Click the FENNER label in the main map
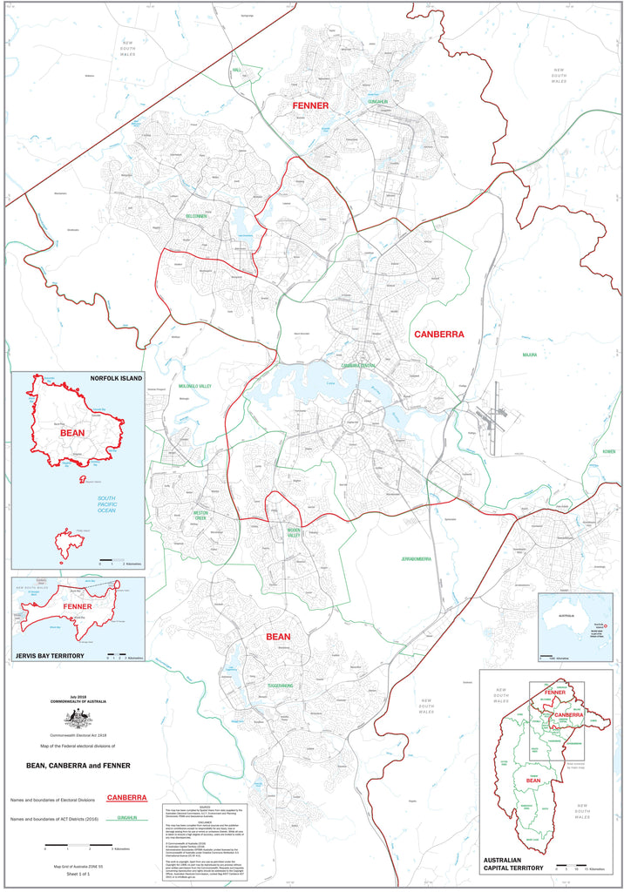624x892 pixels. point(309,105)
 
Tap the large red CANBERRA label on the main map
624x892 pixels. point(438,334)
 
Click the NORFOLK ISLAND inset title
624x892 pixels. point(115,379)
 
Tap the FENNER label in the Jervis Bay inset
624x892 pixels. point(78,606)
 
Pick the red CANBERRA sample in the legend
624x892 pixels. point(126,798)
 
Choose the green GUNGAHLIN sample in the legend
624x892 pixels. point(126,819)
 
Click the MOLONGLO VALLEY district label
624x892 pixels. point(194,386)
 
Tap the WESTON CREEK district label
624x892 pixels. point(200,516)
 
